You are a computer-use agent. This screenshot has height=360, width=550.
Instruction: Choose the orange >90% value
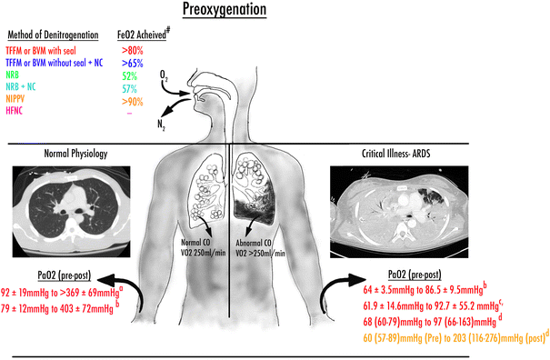click(x=135, y=103)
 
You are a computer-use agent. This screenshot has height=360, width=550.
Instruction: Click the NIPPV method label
click(x=15, y=103)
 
